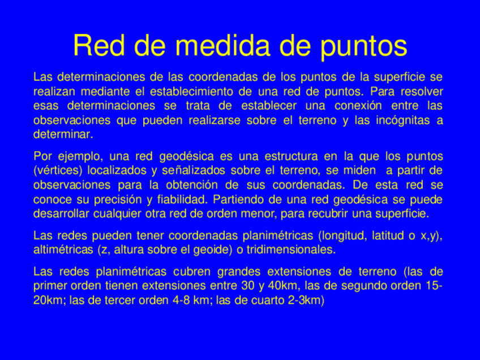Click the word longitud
pos(344,235)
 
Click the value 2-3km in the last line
pos(305,300)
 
